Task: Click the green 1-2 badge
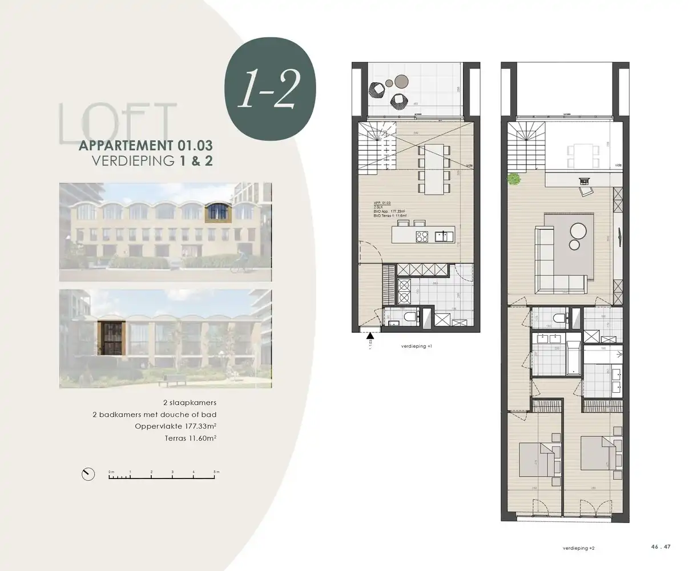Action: pos(271,91)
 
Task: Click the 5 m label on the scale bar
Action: pos(216,472)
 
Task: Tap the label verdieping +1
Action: pos(417,346)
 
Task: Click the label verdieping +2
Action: pos(578,548)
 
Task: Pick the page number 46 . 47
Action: pos(660,546)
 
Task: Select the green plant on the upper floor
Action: pos(514,179)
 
